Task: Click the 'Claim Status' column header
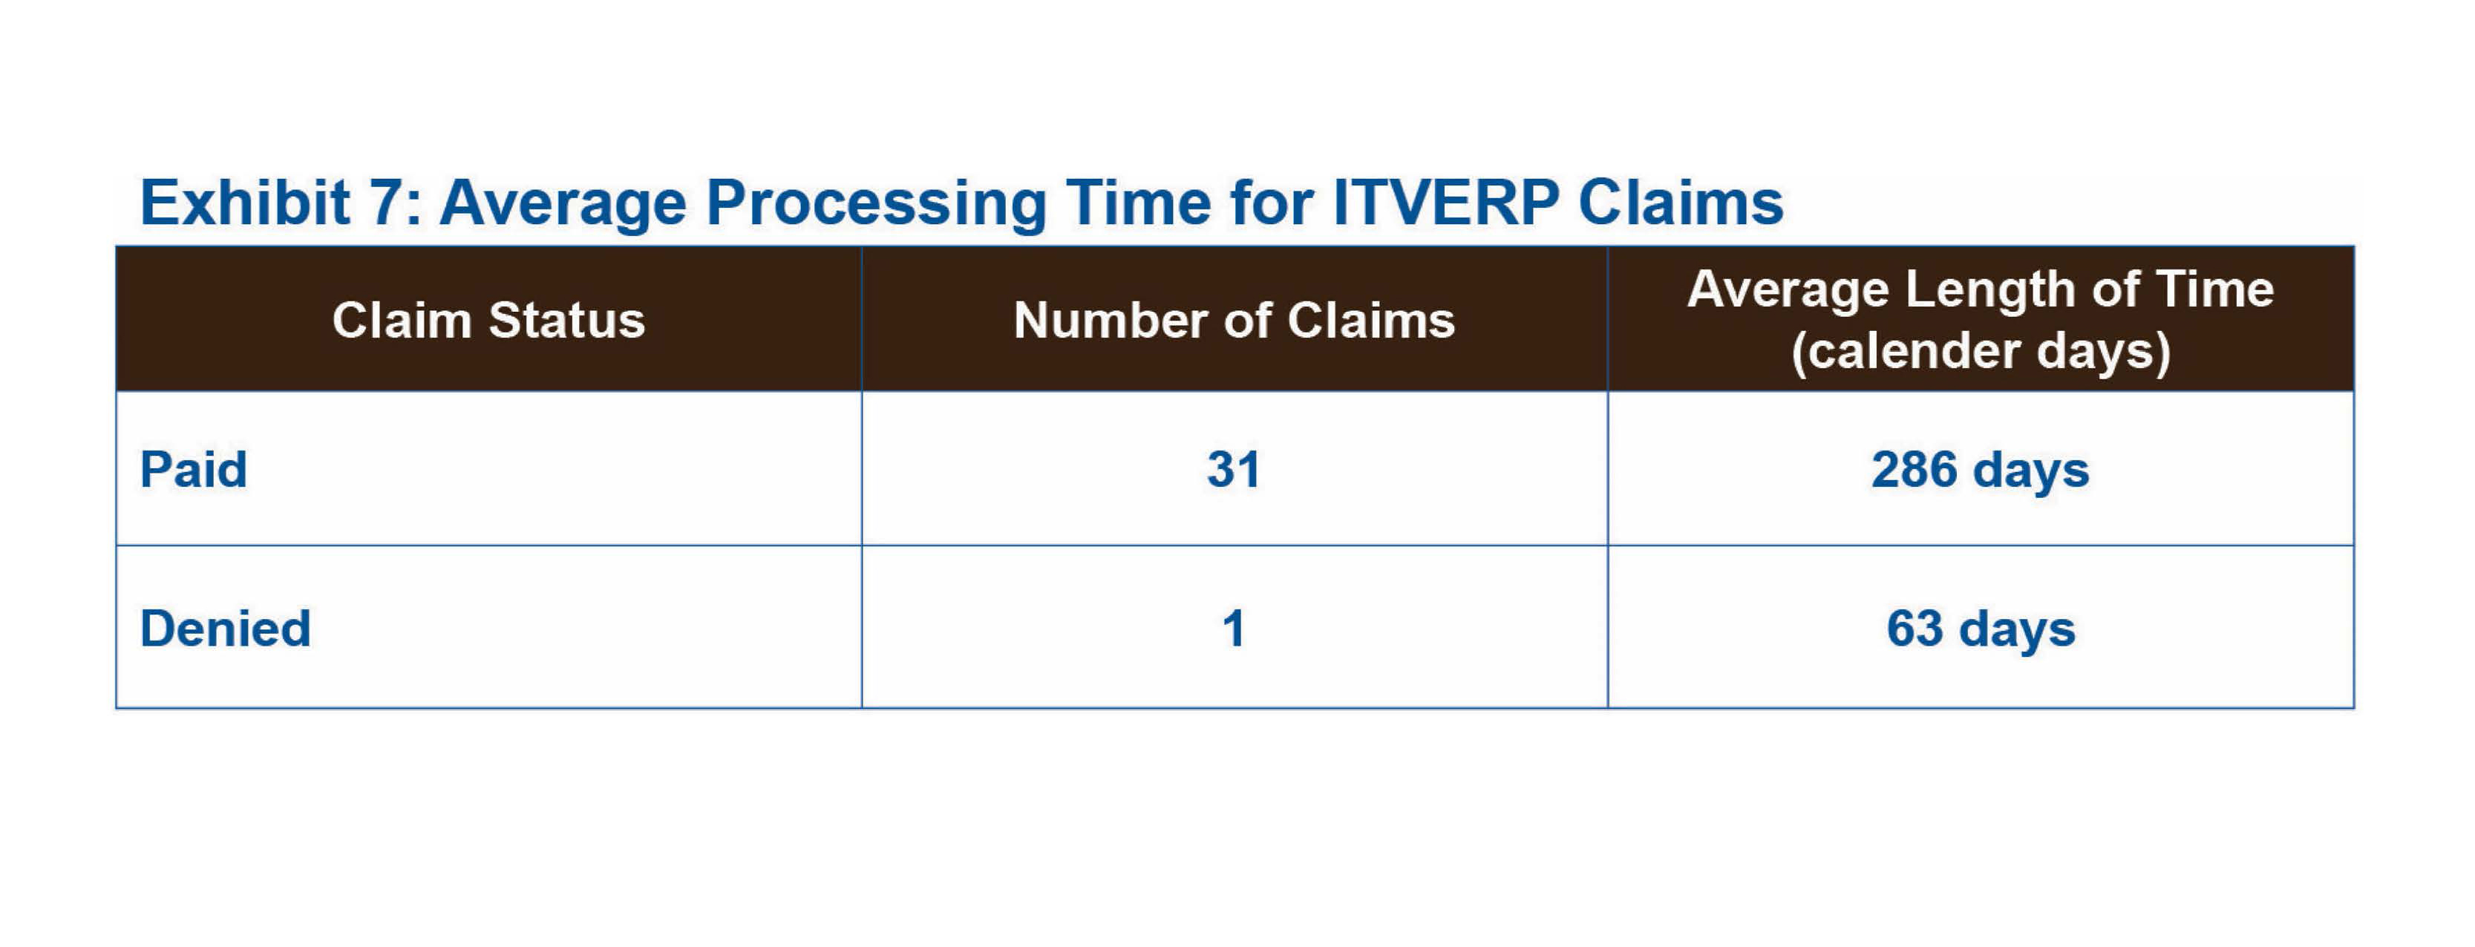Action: click(x=488, y=320)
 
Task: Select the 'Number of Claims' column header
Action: click(x=1234, y=320)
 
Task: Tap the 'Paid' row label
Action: click(x=193, y=470)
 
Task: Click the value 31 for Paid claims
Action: click(x=1234, y=470)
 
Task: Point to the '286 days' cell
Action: click(x=1980, y=471)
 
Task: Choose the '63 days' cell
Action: click(x=1980, y=629)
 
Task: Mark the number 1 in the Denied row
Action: click(x=1234, y=629)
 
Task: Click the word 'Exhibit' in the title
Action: click(x=245, y=202)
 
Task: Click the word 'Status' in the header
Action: click(x=567, y=320)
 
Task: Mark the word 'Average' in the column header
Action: click(x=1788, y=290)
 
